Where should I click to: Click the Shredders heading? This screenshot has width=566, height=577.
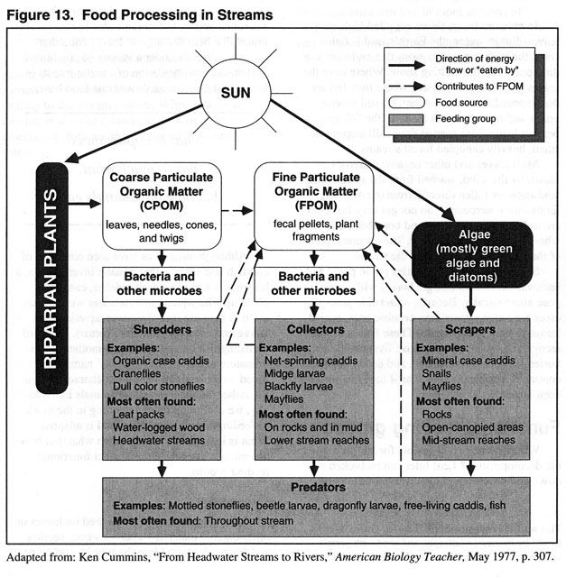[162, 330]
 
